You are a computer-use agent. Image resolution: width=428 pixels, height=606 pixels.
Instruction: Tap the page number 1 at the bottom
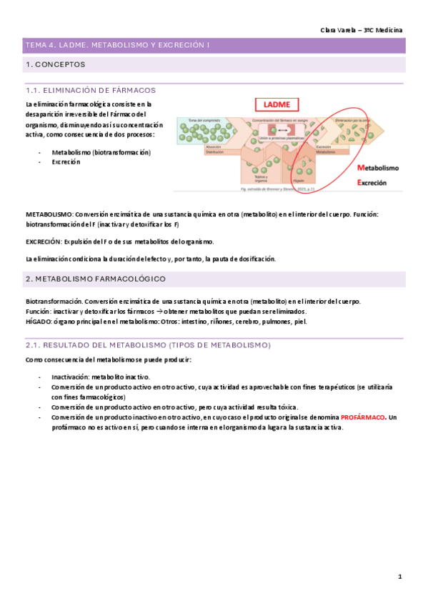[400, 576]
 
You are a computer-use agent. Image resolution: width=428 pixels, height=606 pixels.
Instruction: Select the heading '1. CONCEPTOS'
[55, 65]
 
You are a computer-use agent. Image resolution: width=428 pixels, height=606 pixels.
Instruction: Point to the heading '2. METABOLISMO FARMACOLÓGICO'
[95, 278]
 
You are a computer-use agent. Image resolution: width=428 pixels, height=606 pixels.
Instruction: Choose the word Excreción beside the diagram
[371, 182]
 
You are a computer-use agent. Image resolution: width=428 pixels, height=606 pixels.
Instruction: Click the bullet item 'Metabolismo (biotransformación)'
[101, 152]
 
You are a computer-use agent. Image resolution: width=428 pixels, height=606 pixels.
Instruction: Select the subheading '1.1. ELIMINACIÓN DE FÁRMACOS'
[90, 91]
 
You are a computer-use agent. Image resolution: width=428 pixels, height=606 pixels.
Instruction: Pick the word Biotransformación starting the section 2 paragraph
[51, 302]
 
